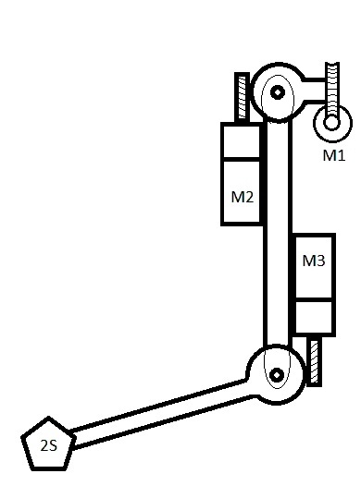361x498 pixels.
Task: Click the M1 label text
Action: (x=333, y=155)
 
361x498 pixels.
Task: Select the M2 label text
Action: (x=242, y=197)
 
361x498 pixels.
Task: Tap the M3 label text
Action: (x=314, y=261)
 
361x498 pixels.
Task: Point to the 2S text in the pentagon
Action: (x=49, y=445)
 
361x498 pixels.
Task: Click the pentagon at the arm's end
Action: (x=48, y=443)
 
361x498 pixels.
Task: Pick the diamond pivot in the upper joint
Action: (x=278, y=92)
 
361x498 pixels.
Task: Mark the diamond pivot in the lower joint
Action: (x=277, y=375)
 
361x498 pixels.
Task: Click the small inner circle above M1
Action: (x=331, y=122)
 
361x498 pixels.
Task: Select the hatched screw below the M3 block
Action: (x=314, y=361)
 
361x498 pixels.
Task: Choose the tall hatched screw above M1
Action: (x=332, y=92)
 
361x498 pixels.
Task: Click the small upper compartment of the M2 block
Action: (x=241, y=140)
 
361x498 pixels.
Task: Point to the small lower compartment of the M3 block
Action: (x=315, y=317)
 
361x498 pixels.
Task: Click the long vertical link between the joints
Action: (x=278, y=234)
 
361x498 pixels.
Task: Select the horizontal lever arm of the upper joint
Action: (x=315, y=90)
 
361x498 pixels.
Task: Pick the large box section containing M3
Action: (x=315, y=267)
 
